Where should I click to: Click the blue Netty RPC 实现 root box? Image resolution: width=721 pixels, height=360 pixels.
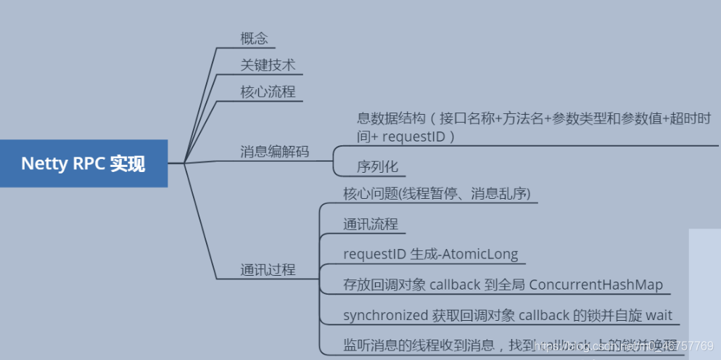tap(83, 163)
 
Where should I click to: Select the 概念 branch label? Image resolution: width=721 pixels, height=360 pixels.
tap(254, 38)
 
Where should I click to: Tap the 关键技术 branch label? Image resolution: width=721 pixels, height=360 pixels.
tap(268, 65)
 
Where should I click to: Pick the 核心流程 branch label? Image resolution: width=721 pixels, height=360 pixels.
tap(268, 92)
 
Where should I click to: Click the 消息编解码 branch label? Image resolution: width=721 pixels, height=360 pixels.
tap(274, 152)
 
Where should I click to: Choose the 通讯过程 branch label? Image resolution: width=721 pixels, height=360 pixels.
tap(268, 269)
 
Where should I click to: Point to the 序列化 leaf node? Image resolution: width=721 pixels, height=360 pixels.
tap(377, 166)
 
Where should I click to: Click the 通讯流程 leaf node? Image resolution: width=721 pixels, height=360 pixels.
tap(370, 224)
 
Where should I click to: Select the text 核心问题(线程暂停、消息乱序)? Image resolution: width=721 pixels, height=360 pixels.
tap(437, 193)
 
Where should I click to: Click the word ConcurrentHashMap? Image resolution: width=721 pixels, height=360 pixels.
tap(596, 285)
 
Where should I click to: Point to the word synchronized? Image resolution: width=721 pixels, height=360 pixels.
tap(385, 316)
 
